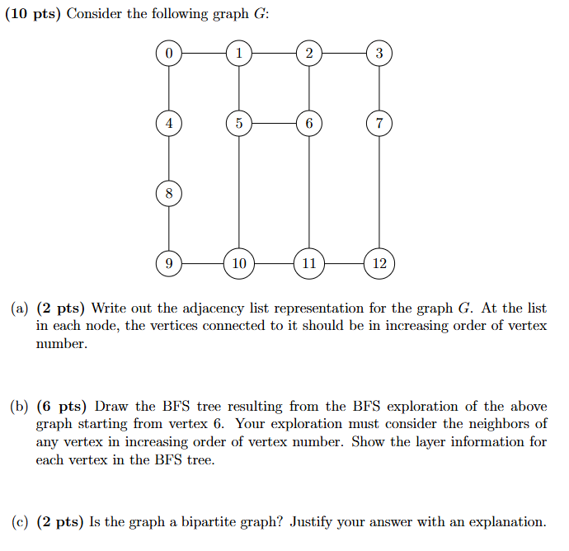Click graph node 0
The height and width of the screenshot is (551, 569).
pos(169,54)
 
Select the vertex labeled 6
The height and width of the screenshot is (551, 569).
pos(309,124)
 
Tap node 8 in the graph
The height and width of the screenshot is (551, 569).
pos(169,194)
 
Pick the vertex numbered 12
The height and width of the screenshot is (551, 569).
pos(379,264)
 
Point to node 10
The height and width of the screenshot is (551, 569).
pos(239,264)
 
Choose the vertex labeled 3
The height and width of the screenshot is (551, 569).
pos(379,54)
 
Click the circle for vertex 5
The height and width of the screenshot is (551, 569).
pos(239,124)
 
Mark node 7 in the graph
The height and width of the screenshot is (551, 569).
pos(379,124)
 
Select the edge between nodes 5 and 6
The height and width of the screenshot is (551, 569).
pos(274,124)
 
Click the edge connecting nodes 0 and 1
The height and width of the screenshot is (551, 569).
pos(204,54)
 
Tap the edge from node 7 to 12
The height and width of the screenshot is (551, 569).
pos(379,194)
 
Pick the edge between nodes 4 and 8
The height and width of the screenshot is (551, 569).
pos(169,158)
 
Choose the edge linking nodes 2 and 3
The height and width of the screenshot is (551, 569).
pos(344,54)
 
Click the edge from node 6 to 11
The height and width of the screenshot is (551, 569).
pos(309,194)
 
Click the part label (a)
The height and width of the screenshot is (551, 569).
pos(21,308)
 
